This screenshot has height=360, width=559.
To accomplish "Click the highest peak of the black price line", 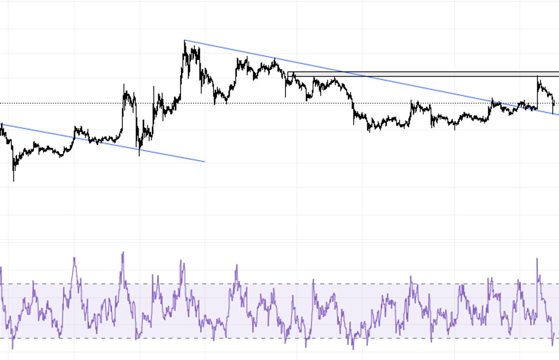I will click(184, 41).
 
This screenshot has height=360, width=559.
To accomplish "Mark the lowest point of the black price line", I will click(14, 180).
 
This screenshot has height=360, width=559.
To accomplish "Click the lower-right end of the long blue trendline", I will click(558, 115).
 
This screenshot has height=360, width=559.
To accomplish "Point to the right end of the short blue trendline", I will click(204, 162).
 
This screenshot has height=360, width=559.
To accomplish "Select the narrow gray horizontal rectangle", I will click(419, 74).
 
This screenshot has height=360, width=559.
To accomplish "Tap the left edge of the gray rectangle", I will click(288, 74).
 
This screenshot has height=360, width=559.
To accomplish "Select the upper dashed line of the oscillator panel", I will click(279, 284).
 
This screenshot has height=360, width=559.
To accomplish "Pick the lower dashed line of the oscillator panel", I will click(279, 338).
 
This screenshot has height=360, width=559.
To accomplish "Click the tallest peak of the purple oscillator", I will click(123, 252).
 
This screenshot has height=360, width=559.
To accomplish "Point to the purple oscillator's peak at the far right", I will click(537, 259).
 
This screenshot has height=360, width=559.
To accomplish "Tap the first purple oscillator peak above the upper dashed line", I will click(74, 258).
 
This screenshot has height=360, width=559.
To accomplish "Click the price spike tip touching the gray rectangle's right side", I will click(538, 76).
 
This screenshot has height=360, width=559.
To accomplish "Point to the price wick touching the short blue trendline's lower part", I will click(139, 155).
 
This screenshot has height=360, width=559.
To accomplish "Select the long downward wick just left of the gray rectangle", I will click(286, 96).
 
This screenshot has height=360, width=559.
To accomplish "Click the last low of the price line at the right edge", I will click(553, 113).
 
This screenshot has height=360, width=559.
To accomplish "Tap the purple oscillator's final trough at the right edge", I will click(552, 345).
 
